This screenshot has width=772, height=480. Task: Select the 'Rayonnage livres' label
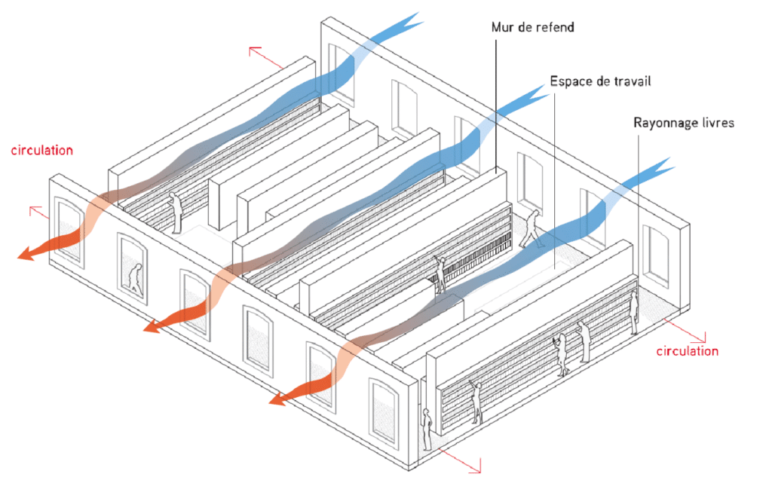pyautogui.click(x=684, y=122)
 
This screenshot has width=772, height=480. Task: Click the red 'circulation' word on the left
pyautogui.click(x=42, y=151)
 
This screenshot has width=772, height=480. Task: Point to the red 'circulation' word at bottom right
pyautogui.click(x=688, y=351)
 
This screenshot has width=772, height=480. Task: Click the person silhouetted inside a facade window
pyautogui.click(x=135, y=278)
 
